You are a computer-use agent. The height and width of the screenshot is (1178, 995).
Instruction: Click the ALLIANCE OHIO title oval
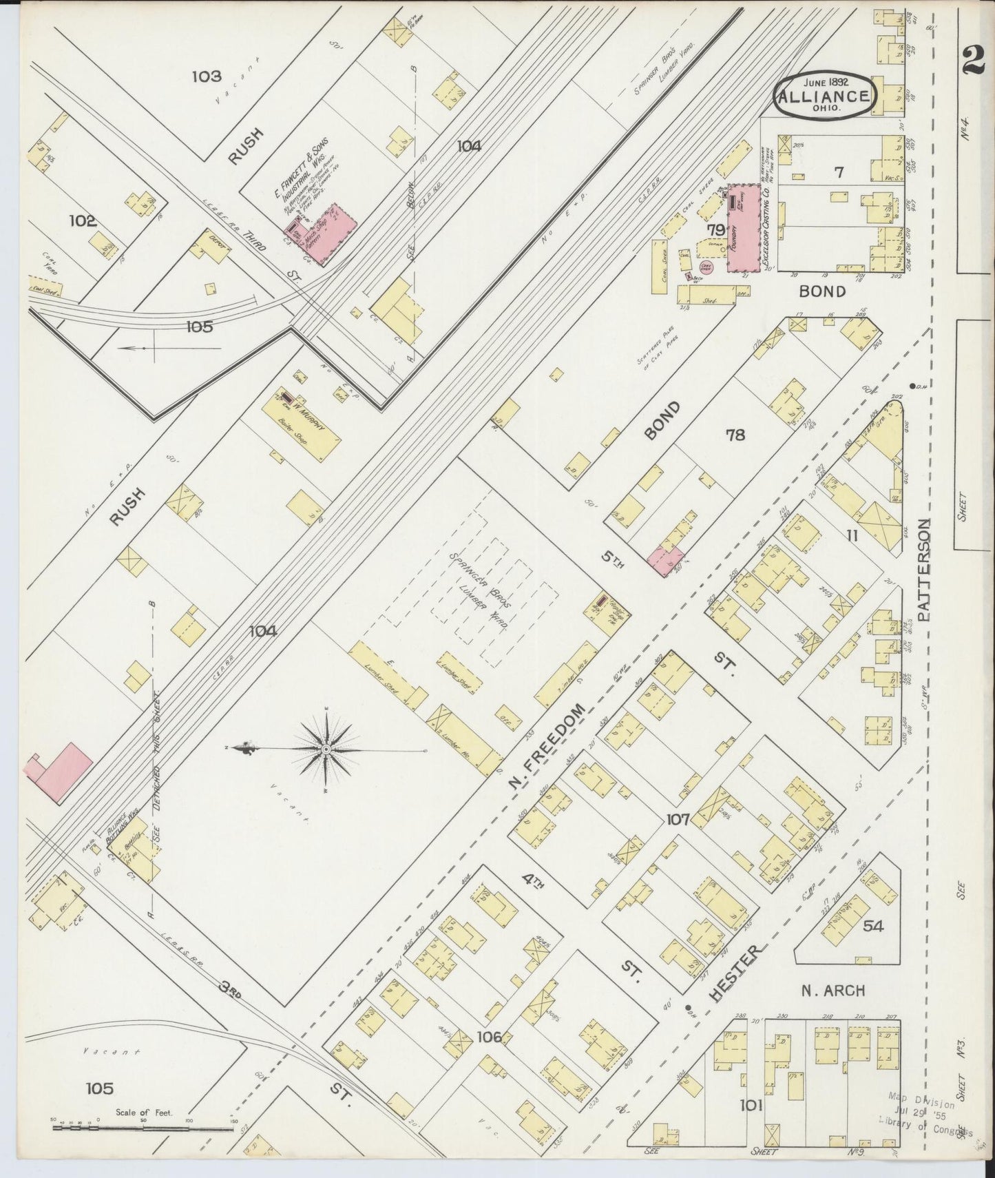click(x=825, y=96)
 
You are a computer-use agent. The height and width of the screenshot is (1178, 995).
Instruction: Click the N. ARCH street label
click(x=832, y=991)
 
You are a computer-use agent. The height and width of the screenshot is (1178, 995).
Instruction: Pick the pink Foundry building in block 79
click(x=743, y=228)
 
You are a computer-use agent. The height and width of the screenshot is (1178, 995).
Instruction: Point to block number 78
click(x=735, y=434)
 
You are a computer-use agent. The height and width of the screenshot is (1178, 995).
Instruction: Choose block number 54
click(x=872, y=926)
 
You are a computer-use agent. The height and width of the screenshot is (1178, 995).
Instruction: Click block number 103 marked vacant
click(x=207, y=76)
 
